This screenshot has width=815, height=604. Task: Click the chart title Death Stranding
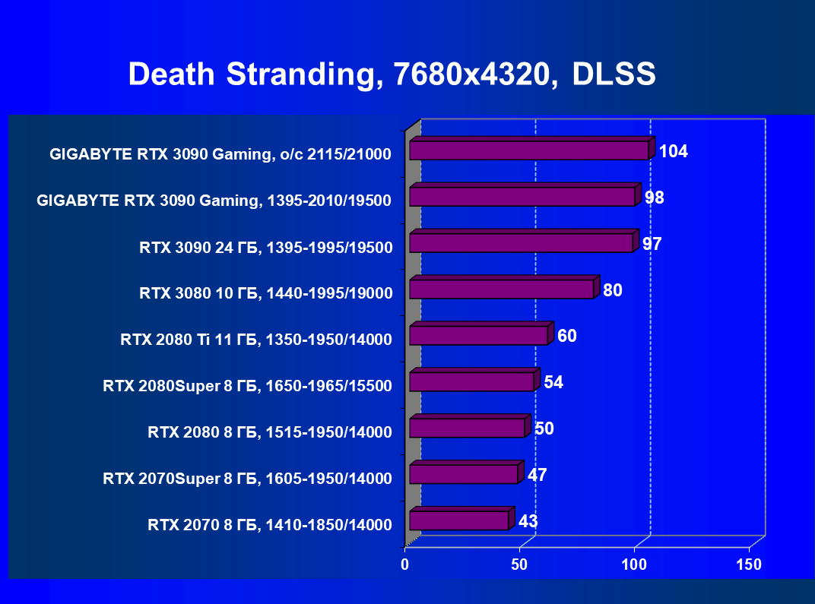[392, 74]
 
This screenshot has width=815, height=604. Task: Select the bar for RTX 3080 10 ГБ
[501, 289]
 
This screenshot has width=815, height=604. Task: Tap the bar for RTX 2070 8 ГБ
[458, 520]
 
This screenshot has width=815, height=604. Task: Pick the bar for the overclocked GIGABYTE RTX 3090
[528, 150]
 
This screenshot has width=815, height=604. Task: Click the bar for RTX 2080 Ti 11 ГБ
[478, 335]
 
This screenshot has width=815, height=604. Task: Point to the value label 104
[673, 151]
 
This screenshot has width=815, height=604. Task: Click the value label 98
[654, 198]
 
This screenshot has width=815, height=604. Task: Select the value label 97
[652, 244]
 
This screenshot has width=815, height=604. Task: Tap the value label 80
[613, 289]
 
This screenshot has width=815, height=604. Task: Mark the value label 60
[566, 336]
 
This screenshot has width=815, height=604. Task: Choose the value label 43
[528, 521]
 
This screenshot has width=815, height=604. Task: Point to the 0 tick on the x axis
[405, 564]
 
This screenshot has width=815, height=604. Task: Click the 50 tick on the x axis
[519, 564]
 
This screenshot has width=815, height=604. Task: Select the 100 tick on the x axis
[634, 564]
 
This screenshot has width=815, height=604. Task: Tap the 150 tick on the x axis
[749, 564]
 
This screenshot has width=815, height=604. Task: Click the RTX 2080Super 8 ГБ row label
[247, 386]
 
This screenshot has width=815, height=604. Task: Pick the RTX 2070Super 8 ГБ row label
[247, 479]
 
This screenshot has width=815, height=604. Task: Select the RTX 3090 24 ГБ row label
[265, 247]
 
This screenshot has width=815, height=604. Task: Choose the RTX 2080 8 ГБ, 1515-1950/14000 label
[270, 432]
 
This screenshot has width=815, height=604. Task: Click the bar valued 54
[471, 381]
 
